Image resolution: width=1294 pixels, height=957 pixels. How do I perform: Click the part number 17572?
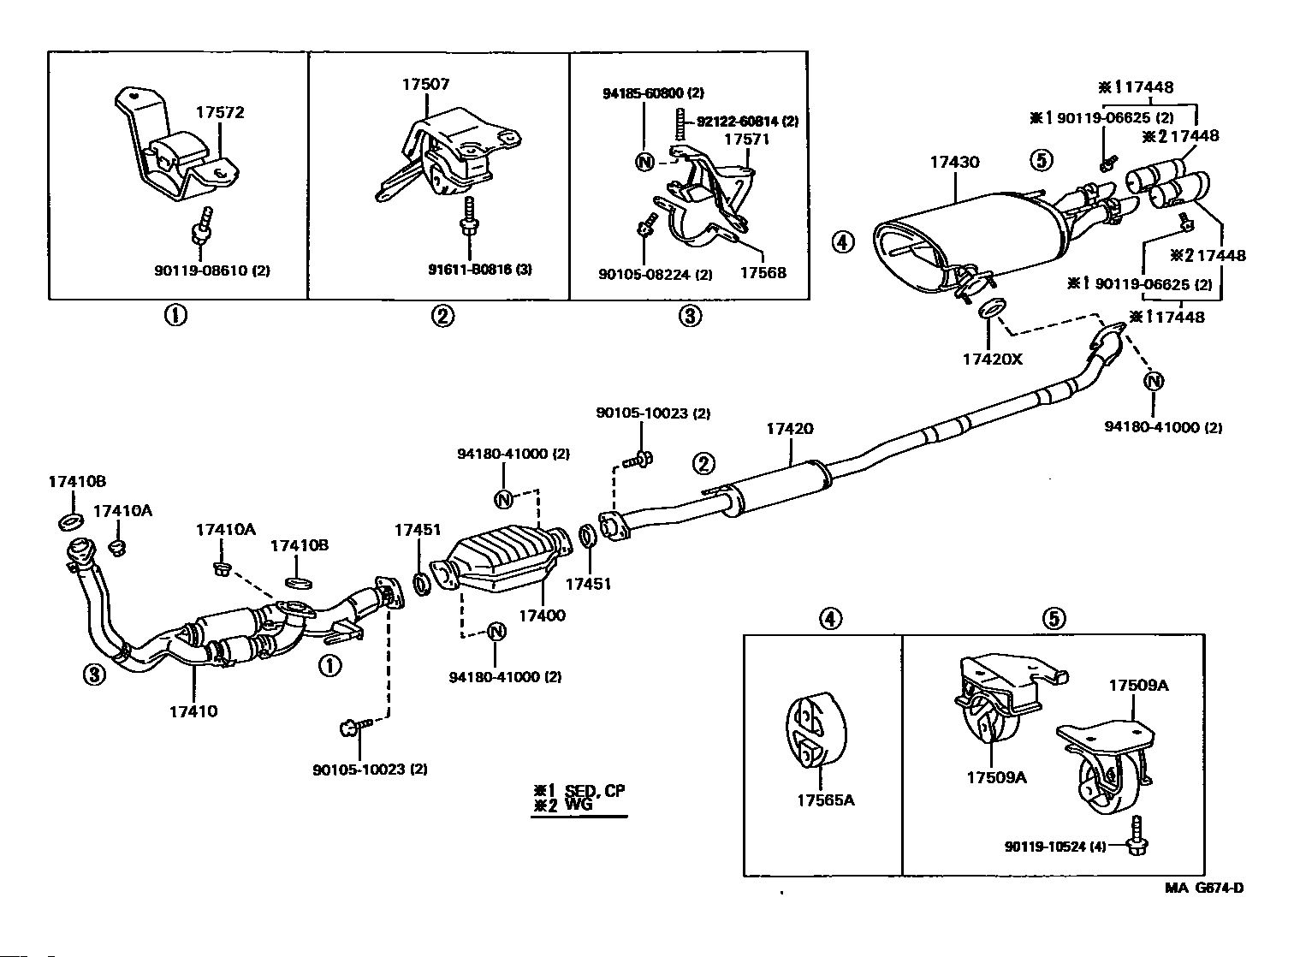(219, 112)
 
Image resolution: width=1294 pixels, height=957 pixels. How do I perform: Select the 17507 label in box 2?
(426, 85)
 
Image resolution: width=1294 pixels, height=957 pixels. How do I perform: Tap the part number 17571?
(747, 140)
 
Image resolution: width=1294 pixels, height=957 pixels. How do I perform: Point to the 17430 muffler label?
(954, 162)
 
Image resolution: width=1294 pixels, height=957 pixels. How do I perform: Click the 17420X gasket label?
(993, 359)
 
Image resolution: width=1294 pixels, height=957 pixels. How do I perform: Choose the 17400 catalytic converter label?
(542, 615)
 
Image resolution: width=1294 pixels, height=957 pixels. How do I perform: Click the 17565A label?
(826, 800)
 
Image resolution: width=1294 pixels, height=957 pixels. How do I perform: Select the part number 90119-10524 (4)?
(1055, 846)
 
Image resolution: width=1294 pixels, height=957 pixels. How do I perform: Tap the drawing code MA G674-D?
(1204, 889)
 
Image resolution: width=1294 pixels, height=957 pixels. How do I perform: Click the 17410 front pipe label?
(193, 711)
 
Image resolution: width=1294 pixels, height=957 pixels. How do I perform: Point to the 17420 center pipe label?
(789, 429)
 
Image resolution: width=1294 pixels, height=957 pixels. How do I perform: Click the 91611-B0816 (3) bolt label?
(479, 270)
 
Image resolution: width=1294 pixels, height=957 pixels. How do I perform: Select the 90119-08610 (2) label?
(211, 270)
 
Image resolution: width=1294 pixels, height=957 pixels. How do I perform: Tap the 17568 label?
(763, 272)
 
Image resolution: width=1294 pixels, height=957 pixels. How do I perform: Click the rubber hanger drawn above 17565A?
(816, 729)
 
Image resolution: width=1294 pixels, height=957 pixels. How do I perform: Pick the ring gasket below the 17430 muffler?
(990, 307)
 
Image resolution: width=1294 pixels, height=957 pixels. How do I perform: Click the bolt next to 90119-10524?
(1135, 835)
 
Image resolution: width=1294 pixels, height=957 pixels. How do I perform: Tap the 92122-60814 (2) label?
(747, 122)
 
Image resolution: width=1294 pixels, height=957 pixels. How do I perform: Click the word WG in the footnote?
(579, 805)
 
